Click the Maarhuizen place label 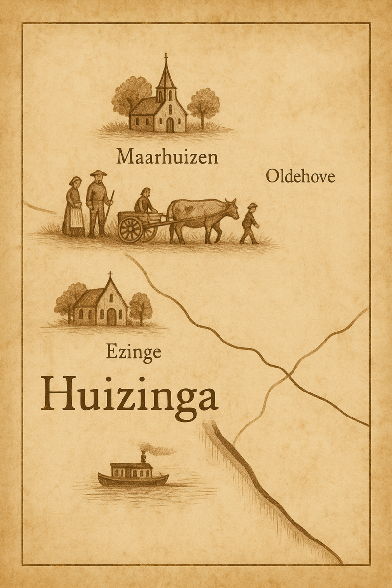167,158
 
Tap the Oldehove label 300,176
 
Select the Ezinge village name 133,353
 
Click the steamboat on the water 132,474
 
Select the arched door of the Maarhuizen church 170,125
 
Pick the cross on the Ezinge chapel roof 110,275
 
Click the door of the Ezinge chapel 112,317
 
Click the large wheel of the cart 131,229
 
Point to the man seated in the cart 145,201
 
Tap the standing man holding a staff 98,202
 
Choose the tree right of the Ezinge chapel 141,306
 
